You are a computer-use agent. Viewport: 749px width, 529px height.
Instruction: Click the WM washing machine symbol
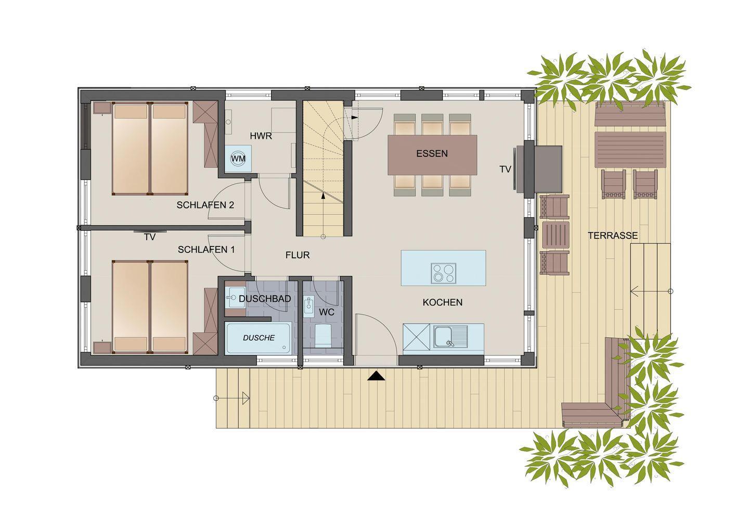(238, 158)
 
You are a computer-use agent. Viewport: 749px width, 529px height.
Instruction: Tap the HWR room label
(261, 136)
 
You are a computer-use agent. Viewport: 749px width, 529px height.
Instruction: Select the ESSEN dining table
(432, 155)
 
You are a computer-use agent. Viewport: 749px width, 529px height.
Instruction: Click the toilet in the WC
(322, 336)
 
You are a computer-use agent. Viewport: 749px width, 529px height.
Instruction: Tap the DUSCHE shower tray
(258, 338)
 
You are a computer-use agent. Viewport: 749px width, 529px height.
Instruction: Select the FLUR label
(298, 255)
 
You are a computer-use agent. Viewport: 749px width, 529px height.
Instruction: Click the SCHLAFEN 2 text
(205, 205)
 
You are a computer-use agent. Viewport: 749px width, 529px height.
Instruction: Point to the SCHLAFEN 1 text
(206, 249)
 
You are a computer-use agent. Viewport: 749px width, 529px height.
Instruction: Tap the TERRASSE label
(613, 236)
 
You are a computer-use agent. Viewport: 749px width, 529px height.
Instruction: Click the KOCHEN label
(443, 302)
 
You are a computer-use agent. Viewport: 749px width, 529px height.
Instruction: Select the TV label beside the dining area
(506, 169)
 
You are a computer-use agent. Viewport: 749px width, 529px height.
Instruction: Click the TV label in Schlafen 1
(150, 237)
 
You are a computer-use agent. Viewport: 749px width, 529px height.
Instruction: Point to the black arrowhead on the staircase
(323, 196)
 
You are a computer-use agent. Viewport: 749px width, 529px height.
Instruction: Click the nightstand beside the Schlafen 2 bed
(102, 108)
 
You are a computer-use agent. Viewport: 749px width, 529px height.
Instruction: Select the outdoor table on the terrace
(630, 150)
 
